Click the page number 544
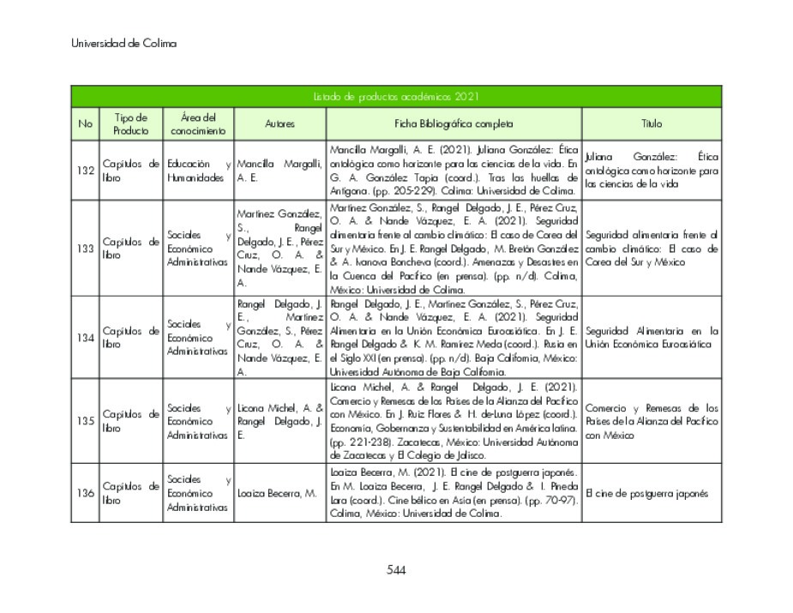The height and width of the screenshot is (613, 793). (x=395, y=570)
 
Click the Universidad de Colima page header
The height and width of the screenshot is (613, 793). (x=124, y=43)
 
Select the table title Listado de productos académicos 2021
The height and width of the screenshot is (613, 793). (x=395, y=97)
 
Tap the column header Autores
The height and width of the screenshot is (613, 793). (x=279, y=123)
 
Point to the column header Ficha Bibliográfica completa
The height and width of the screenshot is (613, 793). (x=454, y=123)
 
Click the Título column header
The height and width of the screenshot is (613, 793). (x=652, y=123)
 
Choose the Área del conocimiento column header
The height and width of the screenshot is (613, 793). (x=198, y=123)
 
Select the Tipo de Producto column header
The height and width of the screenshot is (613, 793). (x=130, y=123)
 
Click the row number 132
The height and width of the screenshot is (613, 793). (x=85, y=171)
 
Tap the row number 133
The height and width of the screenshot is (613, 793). (x=85, y=249)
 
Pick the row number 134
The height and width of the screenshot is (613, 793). (x=85, y=337)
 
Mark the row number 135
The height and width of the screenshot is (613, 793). (x=85, y=421)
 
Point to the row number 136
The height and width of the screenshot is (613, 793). (x=85, y=493)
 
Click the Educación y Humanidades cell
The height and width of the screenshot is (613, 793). (x=198, y=171)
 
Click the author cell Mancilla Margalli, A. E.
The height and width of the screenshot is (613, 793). (x=279, y=171)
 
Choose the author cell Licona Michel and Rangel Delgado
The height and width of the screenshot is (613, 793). (x=279, y=421)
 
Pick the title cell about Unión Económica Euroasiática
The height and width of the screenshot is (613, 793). (x=652, y=337)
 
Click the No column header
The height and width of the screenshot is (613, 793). (x=85, y=123)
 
